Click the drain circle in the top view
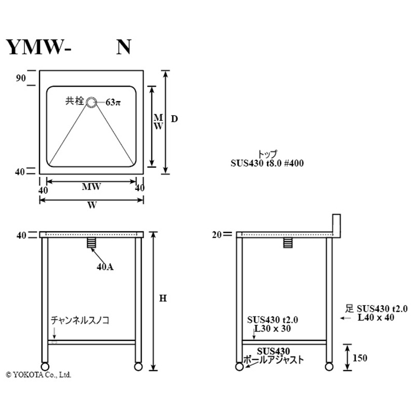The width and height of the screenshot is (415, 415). point(91,102)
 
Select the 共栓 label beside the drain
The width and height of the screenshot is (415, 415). point(75,101)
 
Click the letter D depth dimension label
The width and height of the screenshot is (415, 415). point(175,119)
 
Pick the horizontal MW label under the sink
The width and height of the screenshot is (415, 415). point(91,187)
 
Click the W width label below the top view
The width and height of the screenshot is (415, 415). point(92,205)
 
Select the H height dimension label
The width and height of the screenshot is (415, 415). point(162,299)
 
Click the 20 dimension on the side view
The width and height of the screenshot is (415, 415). point(217,234)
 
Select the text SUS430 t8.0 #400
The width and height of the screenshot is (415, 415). point(267,163)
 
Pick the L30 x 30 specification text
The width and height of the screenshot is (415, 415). point(272,329)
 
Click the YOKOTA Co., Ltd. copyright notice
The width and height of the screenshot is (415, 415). point(38,374)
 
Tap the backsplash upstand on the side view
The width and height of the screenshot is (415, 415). point(336,224)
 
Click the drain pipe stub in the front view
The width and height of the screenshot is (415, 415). point(91,243)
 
